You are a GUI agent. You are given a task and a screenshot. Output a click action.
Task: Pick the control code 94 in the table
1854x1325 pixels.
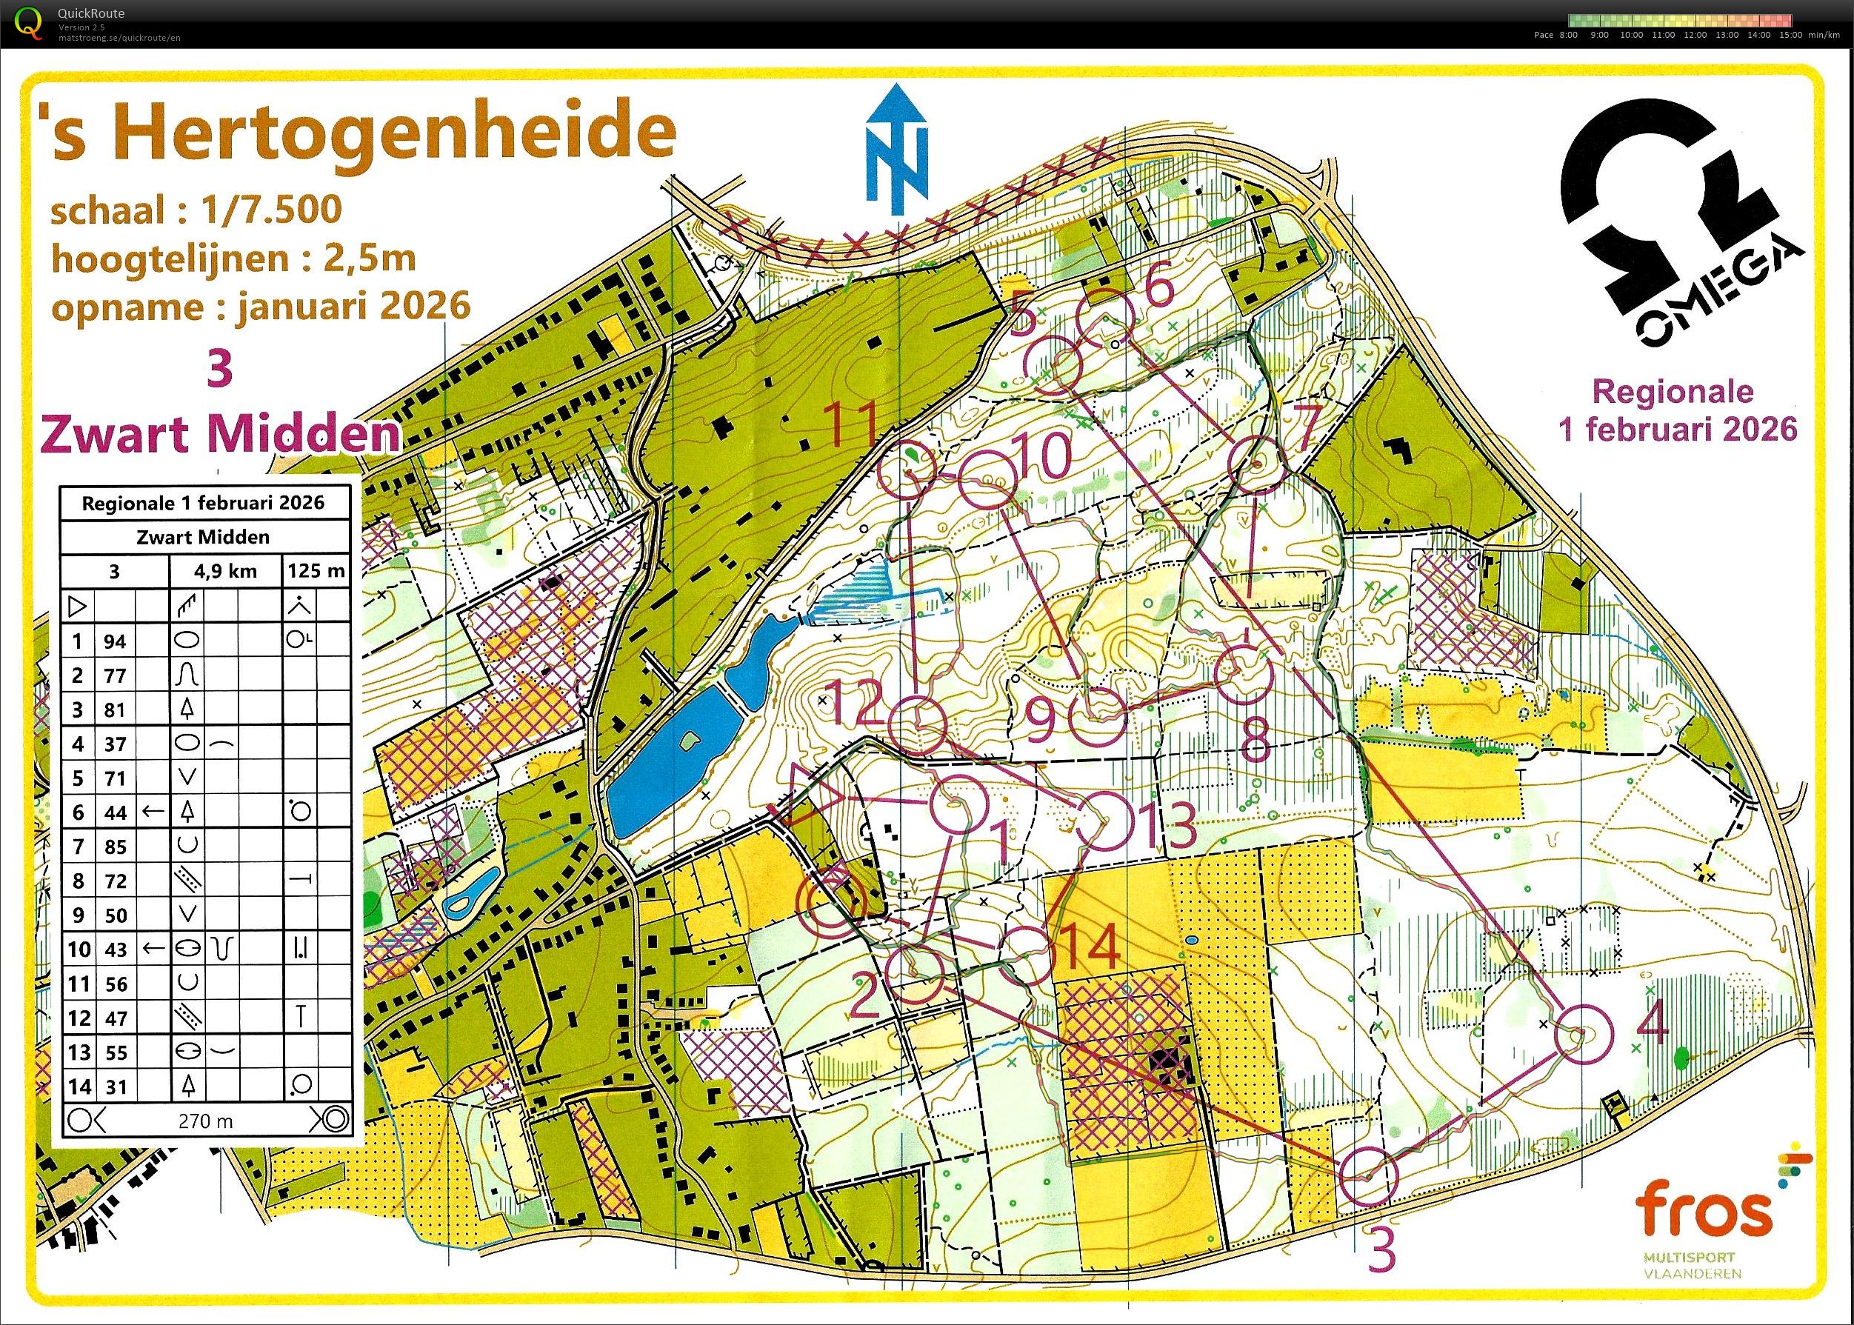click(x=115, y=641)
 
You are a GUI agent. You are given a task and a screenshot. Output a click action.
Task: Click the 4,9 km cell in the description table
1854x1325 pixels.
click(x=225, y=571)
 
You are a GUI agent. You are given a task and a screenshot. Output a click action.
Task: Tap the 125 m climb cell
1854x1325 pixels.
click(x=315, y=571)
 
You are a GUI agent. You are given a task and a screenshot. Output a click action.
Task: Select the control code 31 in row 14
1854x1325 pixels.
click(x=115, y=1087)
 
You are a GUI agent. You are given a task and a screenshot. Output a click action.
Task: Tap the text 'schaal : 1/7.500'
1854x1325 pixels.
click(x=196, y=210)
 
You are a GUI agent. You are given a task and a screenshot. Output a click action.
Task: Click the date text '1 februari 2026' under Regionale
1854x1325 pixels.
click(x=1678, y=429)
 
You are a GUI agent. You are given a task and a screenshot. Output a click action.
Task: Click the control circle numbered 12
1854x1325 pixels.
click(x=917, y=724)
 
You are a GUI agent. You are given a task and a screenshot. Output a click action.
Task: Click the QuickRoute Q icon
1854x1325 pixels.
click(x=30, y=23)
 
